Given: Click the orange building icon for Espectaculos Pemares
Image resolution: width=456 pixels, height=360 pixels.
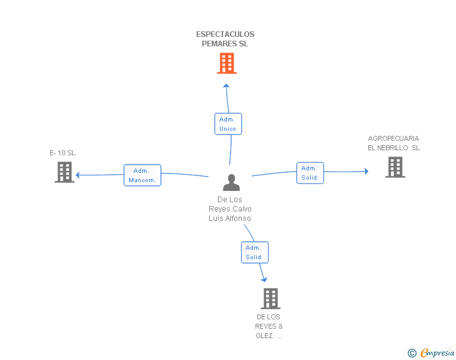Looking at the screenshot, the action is pyautogui.click(x=227, y=63).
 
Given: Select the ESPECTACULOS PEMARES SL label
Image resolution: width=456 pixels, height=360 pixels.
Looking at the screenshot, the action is pyautogui.click(x=225, y=39).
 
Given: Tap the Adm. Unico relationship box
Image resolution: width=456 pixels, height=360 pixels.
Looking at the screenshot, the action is pyautogui.click(x=228, y=124).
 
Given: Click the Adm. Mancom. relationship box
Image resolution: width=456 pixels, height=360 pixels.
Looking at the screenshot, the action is pyautogui.click(x=142, y=175).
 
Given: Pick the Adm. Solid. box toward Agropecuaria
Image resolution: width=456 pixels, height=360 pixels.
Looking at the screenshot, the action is pyautogui.click(x=310, y=173).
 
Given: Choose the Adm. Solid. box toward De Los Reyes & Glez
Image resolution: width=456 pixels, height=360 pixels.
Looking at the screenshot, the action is pyautogui.click(x=255, y=252).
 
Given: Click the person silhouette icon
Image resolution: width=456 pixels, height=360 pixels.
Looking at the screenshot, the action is pyautogui.click(x=232, y=182).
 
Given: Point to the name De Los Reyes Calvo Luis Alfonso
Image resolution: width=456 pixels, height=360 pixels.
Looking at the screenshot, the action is pyautogui.click(x=230, y=208).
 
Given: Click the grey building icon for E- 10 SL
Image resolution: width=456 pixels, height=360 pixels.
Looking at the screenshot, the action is pyautogui.click(x=65, y=172).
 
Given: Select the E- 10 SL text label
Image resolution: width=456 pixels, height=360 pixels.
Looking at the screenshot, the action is pyautogui.click(x=63, y=153).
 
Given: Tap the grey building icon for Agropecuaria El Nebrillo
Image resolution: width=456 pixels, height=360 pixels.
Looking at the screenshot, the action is pyautogui.click(x=395, y=167).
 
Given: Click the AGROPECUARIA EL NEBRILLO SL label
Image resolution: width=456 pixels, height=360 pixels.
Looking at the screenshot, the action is pyautogui.click(x=394, y=143).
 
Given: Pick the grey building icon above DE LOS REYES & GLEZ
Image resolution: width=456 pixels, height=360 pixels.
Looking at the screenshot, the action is pyautogui.click(x=271, y=299).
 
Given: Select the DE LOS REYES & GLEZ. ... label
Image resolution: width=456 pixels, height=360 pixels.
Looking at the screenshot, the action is pyautogui.click(x=269, y=326).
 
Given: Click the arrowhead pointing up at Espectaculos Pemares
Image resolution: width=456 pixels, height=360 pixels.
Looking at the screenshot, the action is pyautogui.click(x=226, y=86).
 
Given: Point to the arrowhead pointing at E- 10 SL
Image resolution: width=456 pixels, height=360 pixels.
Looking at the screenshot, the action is pyautogui.click(x=78, y=175).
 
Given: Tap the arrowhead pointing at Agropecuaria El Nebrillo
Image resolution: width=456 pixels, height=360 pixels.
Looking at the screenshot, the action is pyautogui.click(x=366, y=172).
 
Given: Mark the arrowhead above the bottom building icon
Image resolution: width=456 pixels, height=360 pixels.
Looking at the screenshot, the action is pyautogui.click(x=264, y=279).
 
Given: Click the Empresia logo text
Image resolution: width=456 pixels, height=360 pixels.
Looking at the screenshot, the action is pyautogui.click(x=437, y=352).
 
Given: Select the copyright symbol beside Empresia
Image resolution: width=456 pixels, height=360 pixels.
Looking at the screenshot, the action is pyautogui.click(x=412, y=353).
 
